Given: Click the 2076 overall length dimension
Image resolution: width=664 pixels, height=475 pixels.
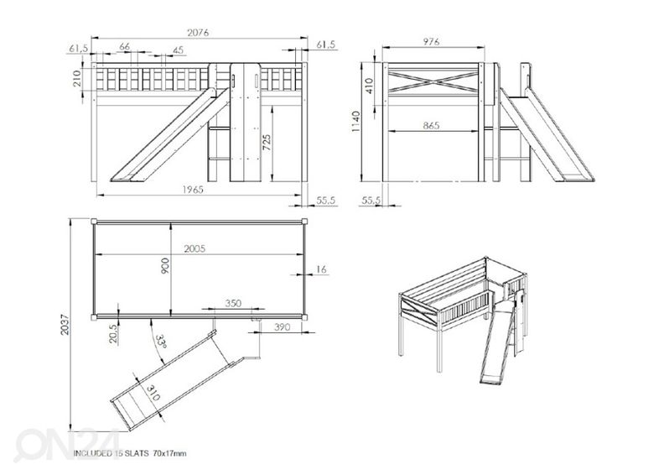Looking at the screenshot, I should coord(199,33).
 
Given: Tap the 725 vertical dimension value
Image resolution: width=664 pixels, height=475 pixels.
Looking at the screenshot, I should coord(267,142).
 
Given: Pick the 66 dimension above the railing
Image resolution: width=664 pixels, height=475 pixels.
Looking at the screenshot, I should coord(124,47).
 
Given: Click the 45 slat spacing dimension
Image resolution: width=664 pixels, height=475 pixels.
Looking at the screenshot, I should coord(178,51).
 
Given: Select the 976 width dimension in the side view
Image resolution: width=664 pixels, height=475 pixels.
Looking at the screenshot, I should coord(433,39).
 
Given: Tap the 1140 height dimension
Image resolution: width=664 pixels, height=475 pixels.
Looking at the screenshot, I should coord(356,122).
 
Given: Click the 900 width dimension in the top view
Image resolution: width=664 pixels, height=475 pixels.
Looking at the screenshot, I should coord(166,267).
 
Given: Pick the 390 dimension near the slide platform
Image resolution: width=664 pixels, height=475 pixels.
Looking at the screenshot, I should coord(283,327).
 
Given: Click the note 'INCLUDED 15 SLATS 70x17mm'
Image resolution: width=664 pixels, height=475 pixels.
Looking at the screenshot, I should coord(130,453).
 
